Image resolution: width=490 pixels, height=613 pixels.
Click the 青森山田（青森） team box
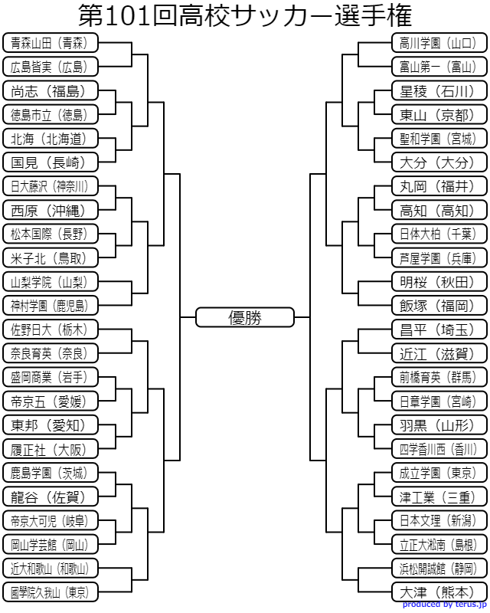click(51, 43)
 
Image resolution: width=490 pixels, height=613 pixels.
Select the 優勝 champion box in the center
click(244, 317)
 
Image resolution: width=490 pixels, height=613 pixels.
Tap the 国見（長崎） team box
click(51, 162)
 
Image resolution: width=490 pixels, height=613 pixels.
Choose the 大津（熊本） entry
click(439, 592)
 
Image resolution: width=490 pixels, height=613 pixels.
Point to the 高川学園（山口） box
click(439, 43)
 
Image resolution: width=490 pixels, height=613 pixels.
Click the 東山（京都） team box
click(439, 114)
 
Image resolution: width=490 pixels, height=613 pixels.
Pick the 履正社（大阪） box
click(51, 449)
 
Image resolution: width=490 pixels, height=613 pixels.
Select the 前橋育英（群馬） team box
click(439, 377)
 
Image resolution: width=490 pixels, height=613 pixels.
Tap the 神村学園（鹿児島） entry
click(51, 306)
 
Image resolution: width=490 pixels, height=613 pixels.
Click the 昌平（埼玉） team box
click(439, 329)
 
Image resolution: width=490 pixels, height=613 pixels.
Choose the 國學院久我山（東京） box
click(51, 592)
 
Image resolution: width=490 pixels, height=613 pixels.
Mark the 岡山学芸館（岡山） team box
click(51, 544)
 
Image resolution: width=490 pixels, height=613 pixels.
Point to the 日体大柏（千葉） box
click(439, 234)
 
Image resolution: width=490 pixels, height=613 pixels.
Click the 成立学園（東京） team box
click(439, 473)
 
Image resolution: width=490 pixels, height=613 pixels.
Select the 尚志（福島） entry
click(51, 90)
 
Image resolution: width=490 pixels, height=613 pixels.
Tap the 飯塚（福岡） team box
click(439, 306)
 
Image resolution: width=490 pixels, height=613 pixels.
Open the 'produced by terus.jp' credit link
click(444, 605)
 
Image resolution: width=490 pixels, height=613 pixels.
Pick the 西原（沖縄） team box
click(51, 210)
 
